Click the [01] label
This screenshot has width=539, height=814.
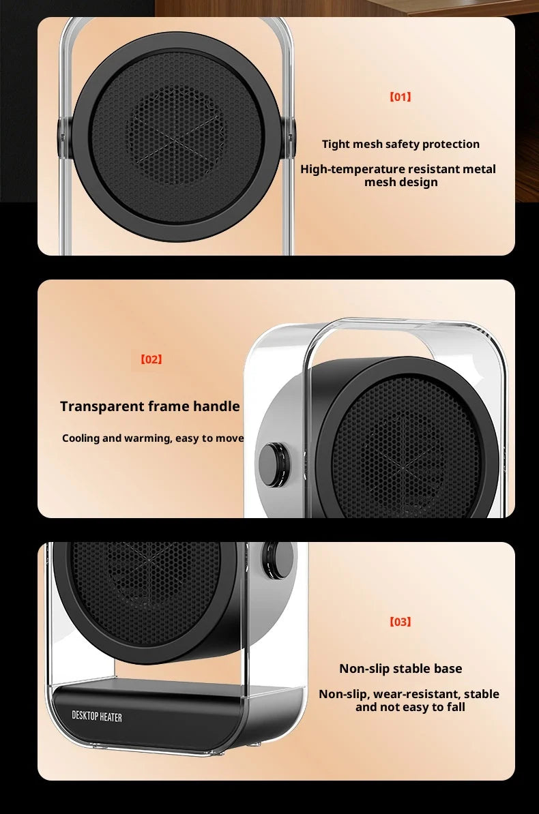400,97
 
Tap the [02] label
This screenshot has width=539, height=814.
151,359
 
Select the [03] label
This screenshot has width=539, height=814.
400,622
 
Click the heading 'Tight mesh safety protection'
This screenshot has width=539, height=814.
400,144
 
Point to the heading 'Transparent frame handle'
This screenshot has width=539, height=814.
150,406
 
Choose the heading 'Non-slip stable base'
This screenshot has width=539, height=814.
400,669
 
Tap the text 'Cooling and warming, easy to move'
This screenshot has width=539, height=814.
153,438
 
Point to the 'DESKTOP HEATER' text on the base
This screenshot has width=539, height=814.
97,717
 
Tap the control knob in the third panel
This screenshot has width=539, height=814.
278,557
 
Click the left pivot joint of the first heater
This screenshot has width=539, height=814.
64,129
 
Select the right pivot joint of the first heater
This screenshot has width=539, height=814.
291,130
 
